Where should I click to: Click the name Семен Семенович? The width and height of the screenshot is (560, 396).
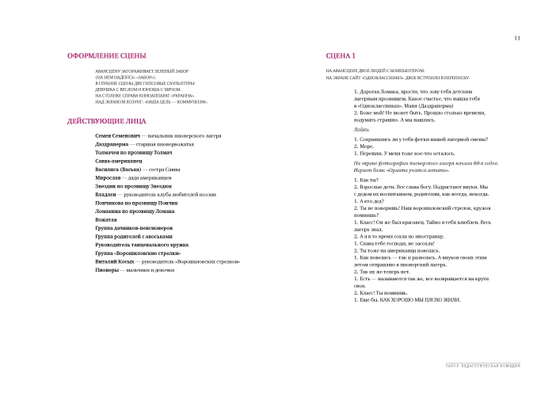(116, 136)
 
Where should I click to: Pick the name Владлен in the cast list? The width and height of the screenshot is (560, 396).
(107, 194)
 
